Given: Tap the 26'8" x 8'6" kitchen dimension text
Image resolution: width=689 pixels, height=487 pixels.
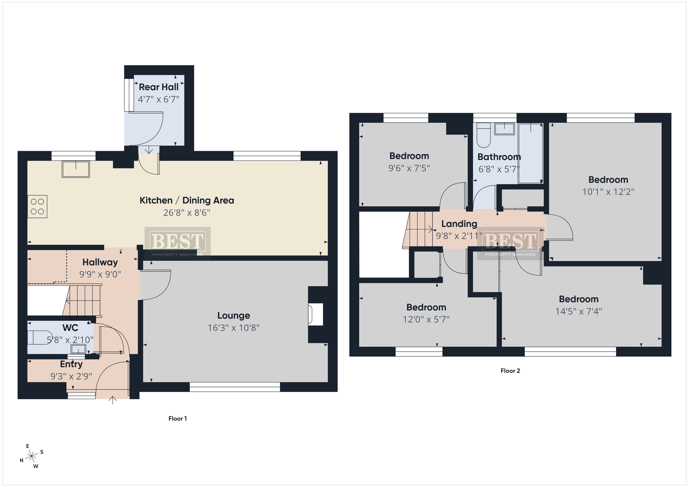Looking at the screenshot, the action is pyautogui.click(x=187, y=213).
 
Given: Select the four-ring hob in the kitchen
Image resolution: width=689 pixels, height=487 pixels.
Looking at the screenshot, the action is pyautogui.click(x=37, y=207).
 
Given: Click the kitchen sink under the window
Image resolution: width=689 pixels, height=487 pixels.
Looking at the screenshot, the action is pyautogui.click(x=76, y=169).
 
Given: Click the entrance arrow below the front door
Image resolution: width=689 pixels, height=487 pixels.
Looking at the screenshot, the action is pyautogui.click(x=112, y=400).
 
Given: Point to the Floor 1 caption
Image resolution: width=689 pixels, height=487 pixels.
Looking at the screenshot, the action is pyautogui.click(x=178, y=419).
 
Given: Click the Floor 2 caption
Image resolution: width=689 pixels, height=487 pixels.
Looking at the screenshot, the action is pyautogui.click(x=510, y=371).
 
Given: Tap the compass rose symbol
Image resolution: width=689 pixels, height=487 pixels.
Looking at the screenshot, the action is pyautogui.click(x=31, y=456).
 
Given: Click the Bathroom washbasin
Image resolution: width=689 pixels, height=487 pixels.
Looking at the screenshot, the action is pyautogui.click(x=504, y=129).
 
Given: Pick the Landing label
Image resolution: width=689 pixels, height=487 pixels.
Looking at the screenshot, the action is pyautogui.click(x=459, y=224).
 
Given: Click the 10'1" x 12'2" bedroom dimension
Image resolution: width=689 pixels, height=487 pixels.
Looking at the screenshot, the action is pyautogui.click(x=608, y=192).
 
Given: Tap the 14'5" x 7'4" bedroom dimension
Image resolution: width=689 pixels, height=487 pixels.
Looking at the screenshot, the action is pyautogui.click(x=579, y=311).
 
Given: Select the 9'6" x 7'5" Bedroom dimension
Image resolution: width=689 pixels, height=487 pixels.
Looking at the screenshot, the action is pyautogui.click(x=409, y=168).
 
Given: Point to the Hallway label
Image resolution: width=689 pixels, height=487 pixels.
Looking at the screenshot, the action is pyautogui.click(x=100, y=262).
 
